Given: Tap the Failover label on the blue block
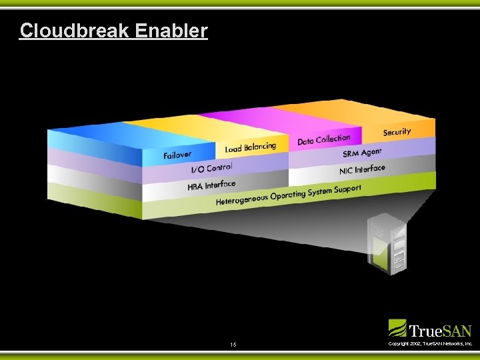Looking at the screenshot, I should [177, 156].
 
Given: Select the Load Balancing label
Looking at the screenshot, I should [250, 147].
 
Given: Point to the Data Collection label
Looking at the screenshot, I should [323, 139].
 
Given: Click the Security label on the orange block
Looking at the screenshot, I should [397, 132].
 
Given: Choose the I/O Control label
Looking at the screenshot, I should [211, 169].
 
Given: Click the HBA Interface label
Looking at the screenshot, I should [211, 185].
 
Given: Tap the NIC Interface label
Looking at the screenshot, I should [362, 169].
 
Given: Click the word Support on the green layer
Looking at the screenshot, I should [346, 189].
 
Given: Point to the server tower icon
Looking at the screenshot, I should [387, 243].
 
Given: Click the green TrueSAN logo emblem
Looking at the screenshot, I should [397, 328].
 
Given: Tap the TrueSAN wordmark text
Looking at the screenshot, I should [439, 330].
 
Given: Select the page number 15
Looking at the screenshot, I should [233, 345].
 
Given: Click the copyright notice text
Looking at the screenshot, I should [430, 344].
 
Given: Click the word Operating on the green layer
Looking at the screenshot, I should [289, 195].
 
